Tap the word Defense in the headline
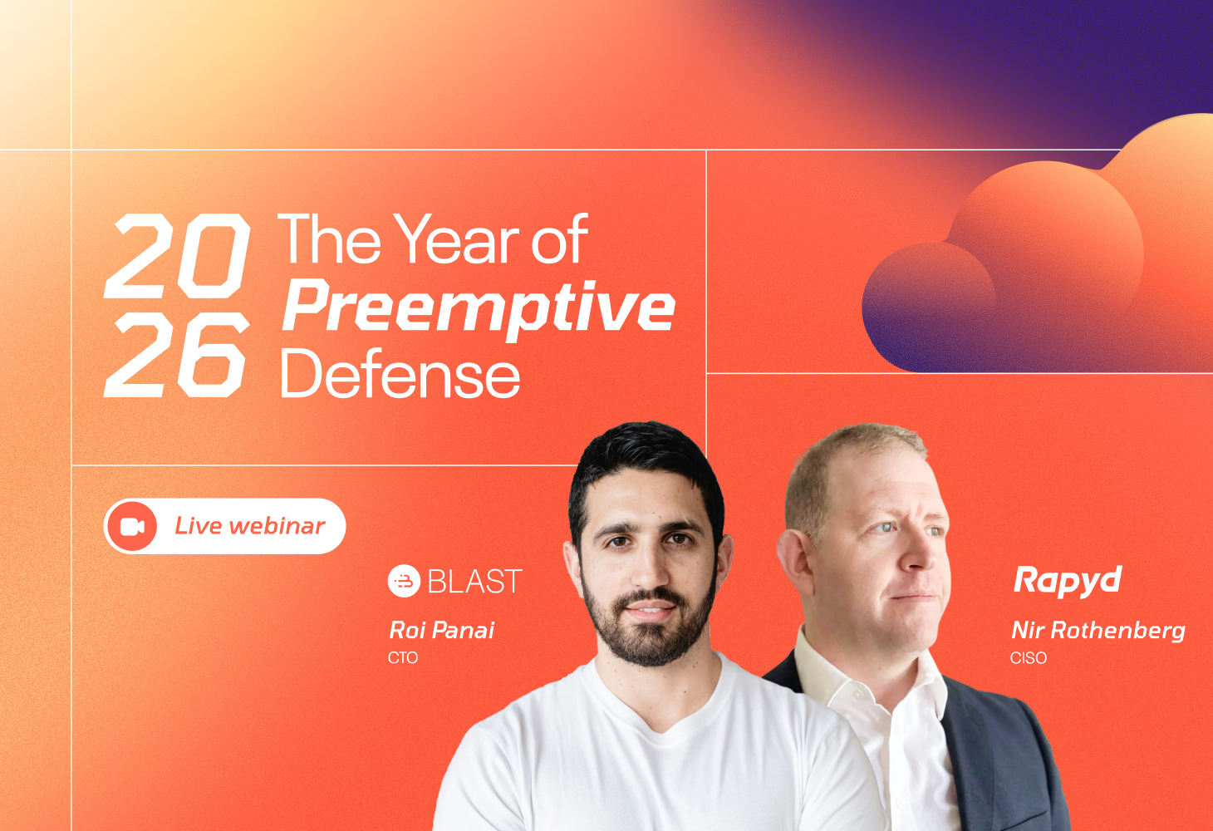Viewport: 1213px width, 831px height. tap(400, 374)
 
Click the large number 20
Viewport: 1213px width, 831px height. tap(177, 255)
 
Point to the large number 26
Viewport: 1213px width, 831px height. tap(176, 355)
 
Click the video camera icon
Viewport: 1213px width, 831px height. tap(132, 526)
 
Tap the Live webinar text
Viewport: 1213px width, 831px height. tap(249, 526)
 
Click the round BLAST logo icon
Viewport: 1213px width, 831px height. tap(404, 581)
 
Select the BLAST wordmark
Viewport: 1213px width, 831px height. tap(475, 581)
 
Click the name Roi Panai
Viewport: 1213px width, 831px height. tap(441, 630)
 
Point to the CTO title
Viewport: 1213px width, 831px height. tap(403, 657)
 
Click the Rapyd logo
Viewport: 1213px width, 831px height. tap(1068, 581)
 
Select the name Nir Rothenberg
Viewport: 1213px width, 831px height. tap(1098, 631)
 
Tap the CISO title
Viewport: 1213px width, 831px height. tap(1029, 657)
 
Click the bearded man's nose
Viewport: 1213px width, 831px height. tap(648, 568)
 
